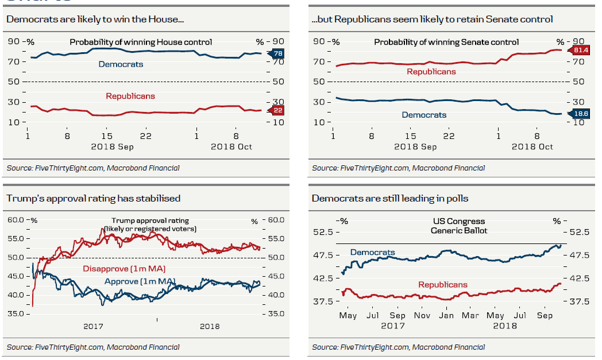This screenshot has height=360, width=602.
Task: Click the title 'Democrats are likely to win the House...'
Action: point(95,20)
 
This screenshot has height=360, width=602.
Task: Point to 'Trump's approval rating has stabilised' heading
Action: point(94,199)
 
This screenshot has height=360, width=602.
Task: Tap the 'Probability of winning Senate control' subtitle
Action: point(446,42)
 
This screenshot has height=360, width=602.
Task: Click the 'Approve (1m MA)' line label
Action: point(140,281)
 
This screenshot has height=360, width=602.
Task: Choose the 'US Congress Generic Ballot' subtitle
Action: point(459,226)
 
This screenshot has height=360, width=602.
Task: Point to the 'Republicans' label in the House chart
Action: point(130,96)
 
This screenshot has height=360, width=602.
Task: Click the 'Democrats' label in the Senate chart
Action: point(424,115)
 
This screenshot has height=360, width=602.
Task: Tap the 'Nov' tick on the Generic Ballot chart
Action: point(422,315)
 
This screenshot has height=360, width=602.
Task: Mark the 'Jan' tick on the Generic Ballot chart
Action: point(447,315)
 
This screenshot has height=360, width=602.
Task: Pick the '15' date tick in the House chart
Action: point(106,136)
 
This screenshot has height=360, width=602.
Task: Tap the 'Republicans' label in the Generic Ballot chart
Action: point(443,285)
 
